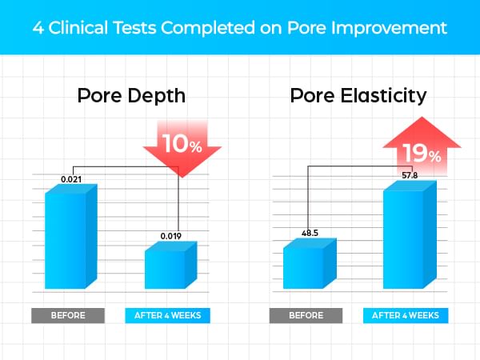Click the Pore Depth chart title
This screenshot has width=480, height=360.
tap(131, 98)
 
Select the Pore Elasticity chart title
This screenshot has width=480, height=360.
tap(358, 98)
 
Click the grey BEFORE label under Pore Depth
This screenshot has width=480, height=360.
tap(70, 315)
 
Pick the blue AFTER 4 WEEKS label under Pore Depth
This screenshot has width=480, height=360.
tap(169, 315)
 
